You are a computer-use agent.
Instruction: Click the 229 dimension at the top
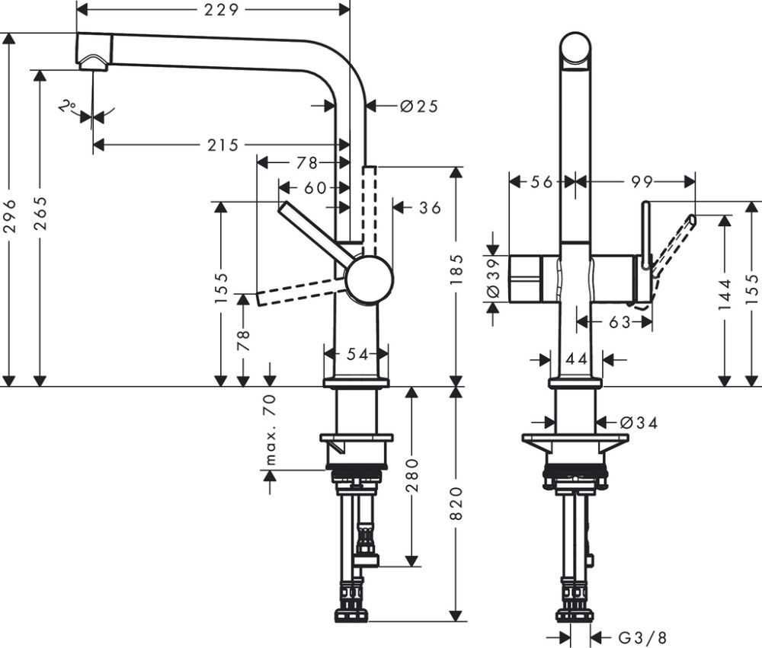pos(222,10)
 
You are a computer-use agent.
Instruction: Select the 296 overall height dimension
pos(9,216)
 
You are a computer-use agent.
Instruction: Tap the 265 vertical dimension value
pos(40,216)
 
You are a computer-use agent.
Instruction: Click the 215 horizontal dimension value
pos(223,145)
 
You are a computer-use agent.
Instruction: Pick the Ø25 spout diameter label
pos(419,107)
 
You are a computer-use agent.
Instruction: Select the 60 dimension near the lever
pos(315,187)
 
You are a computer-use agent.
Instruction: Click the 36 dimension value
pos(431,207)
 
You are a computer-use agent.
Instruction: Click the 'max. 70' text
pos(271,430)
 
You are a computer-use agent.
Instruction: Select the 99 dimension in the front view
pos(642,181)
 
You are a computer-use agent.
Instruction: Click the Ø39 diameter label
pos(492,279)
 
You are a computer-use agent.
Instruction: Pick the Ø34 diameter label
pos(638,422)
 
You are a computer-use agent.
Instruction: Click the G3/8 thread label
pos(633,637)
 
